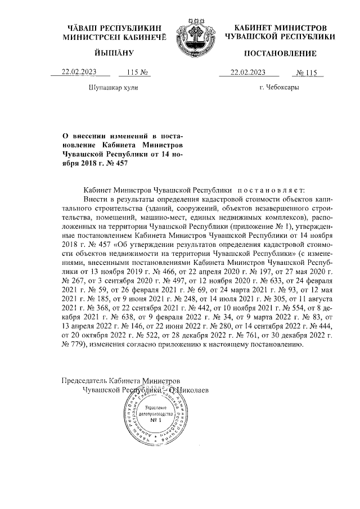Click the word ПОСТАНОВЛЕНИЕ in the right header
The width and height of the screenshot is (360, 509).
(x=280, y=53)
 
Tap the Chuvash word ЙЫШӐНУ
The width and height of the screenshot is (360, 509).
(x=113, y=53)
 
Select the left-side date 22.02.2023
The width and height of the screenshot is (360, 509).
(x=79, y=72)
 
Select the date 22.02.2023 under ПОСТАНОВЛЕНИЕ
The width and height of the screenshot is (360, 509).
(x=247, y=72)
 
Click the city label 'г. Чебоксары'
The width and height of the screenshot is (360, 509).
(x=279, y=88)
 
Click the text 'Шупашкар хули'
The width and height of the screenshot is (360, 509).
(x=113, y=88)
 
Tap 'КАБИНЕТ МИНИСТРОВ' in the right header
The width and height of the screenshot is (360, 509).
(x=280, y=28)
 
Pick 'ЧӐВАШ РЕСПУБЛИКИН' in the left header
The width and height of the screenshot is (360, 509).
(x=114, y=28)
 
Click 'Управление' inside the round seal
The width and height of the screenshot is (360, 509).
(x=156, y=406)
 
